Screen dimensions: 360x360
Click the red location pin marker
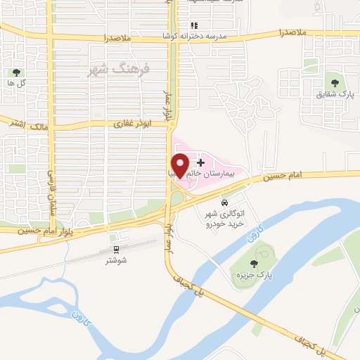[181, 165]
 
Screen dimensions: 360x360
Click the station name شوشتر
[116, 260]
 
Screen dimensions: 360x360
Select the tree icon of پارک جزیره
[254, 264]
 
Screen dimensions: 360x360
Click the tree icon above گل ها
[16, 72]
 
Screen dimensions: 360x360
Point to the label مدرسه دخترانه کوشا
[198, 35]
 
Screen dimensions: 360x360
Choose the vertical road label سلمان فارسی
[51, 193]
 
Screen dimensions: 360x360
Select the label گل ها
[16, 83]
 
